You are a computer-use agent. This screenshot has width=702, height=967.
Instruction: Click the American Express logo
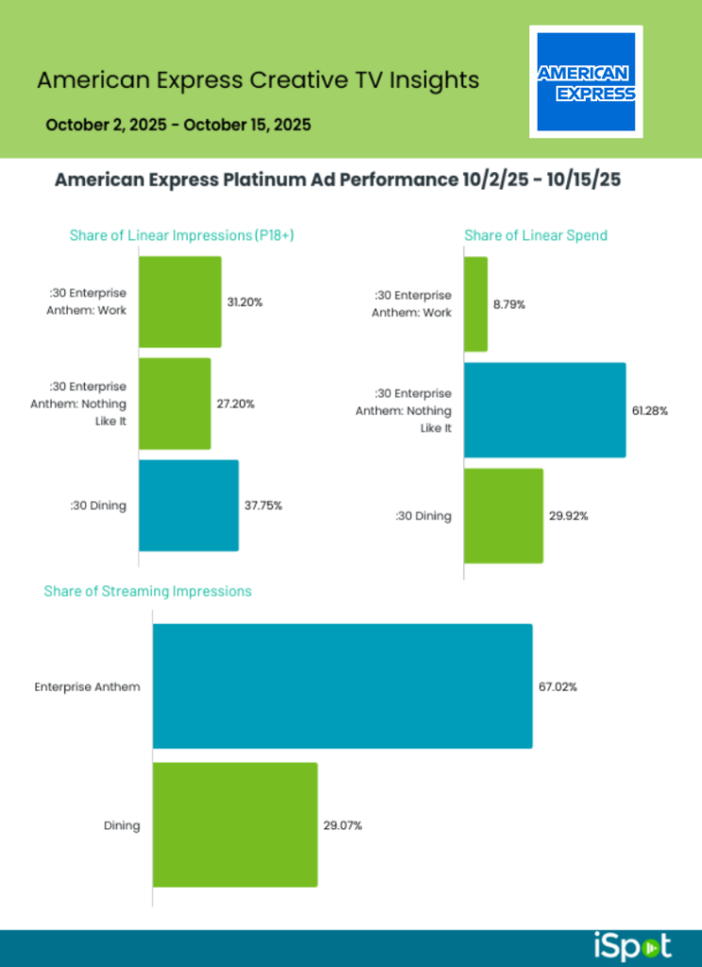pyautogui.click(x=586, y=81)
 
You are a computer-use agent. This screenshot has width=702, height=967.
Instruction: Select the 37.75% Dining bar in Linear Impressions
pyautogui.click(x=189, y=505)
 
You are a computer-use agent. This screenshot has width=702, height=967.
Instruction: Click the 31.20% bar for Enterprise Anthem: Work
pyautogui.click(x=180, y=302)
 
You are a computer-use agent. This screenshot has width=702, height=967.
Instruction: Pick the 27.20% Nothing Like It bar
pyautogui.click(x=175, y=403)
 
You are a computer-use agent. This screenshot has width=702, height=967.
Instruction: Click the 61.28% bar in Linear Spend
pyautogui.click(x=544, y=410)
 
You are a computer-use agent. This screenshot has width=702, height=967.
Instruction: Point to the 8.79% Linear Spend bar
pyautogui.click(x=476, y=304)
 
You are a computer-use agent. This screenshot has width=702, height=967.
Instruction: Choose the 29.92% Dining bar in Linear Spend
pyautogui.click(x=503, y=516)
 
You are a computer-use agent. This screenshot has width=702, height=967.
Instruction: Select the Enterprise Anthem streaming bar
pyautogui.click(x=342, y=686)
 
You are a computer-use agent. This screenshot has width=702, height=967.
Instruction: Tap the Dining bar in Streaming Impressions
pyautogui.click(x=235, y=824)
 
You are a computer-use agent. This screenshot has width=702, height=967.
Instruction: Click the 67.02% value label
pyautogui.click(x=558, y=687)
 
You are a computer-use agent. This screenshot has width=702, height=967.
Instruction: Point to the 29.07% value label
pyautogui.click(x=343, y=825)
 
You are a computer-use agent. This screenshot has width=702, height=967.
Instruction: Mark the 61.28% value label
pyautogui.click(x=650, y=411)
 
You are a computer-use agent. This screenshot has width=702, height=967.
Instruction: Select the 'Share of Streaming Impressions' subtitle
pyautogui.click(x=147, y=591)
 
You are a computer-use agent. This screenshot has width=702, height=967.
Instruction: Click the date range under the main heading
pyautogui.click(x=177, y=124)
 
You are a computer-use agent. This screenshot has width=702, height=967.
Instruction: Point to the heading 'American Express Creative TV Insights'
pyautogui.click(x=258, y=80)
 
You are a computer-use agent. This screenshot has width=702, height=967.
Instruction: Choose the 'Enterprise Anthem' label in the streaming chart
pyautogui.click(x=87, y=687)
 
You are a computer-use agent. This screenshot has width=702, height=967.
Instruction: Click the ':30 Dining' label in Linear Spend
pyautogui.click(x=423, y=516)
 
